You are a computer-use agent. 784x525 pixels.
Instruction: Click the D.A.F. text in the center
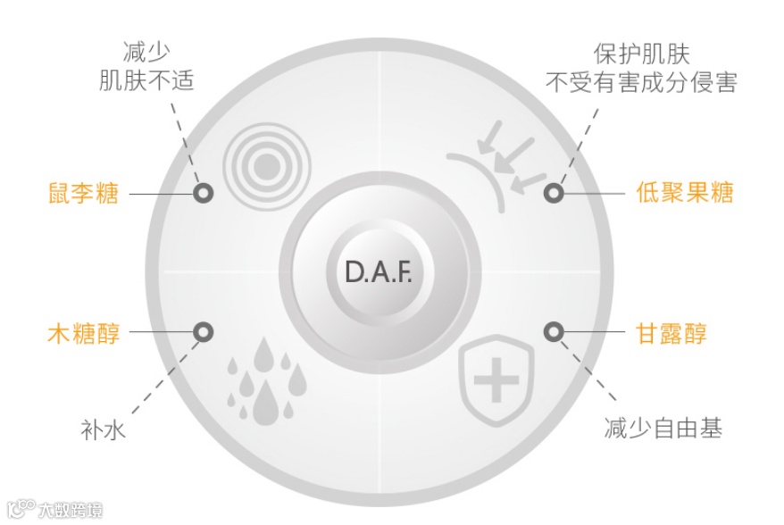pyautogui.click(x=379, y=271)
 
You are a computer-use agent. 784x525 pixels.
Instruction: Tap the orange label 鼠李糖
pyautogui.click(x=83, y=192)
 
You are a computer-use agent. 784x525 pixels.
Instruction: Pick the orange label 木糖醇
pyautogui.click(x=83, y=334)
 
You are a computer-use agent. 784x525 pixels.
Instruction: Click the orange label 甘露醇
pyautogui.click(x=671, y=334)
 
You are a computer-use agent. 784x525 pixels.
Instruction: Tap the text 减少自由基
pyautogui.click(x=663, y=428)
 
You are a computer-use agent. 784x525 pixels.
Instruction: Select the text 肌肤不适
pyautogui.click(x=146, y=82)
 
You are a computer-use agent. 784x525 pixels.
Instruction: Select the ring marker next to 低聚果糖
pyautogui.click(x=554, y=192)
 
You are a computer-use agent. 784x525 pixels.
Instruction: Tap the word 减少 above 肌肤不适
pyautogui.click(x=146, y=52)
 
